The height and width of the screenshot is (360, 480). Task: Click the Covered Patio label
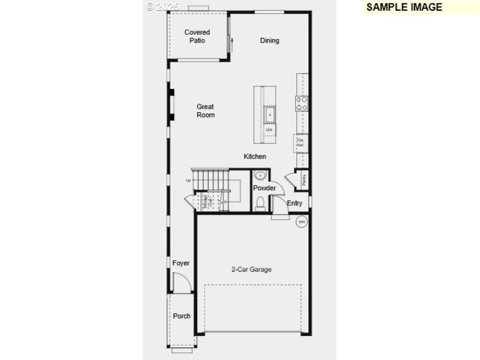pyautogui.click(x=197, y=36)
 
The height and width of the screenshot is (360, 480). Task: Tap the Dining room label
pyautogui.click(x=269, y=41)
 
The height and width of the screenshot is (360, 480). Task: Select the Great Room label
pyautogui.click(x=205, y=111)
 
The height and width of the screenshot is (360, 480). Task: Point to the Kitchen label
pyautogui.click(x=254, y=157)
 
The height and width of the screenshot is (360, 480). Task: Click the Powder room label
pyautogui.click(x=264, y=188)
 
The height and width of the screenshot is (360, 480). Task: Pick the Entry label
pyautogui.click(x=295, y=203)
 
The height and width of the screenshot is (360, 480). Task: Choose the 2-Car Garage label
pyautogui.click(x=251, y=269)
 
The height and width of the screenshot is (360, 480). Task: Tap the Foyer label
pyautogui.click(x=181, y=263)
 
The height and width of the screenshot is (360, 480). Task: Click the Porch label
pyautogui.click(x=181, y=316)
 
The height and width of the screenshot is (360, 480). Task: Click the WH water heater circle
pyautogui.click(x=302, y=222)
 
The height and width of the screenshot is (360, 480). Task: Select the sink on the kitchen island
pyautogui.click(x=270, y=113)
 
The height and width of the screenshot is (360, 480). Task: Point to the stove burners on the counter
pyautogui.click(x=302, y=103)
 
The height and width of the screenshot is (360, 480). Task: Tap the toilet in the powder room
pyautogui.click(x=260, y=205)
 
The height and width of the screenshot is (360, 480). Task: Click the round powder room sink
pyautogui.click(x=260, y=176)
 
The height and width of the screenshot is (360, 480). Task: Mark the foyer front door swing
pyautogui.click(x=181, y=283)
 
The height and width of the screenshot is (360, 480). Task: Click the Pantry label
pyautogui.click(x=304, y=178)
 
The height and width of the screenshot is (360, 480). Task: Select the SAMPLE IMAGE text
pyautogui.click(x=404, y=7)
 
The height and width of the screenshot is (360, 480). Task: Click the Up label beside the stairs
pyautogui.click(x=188, y=180)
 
